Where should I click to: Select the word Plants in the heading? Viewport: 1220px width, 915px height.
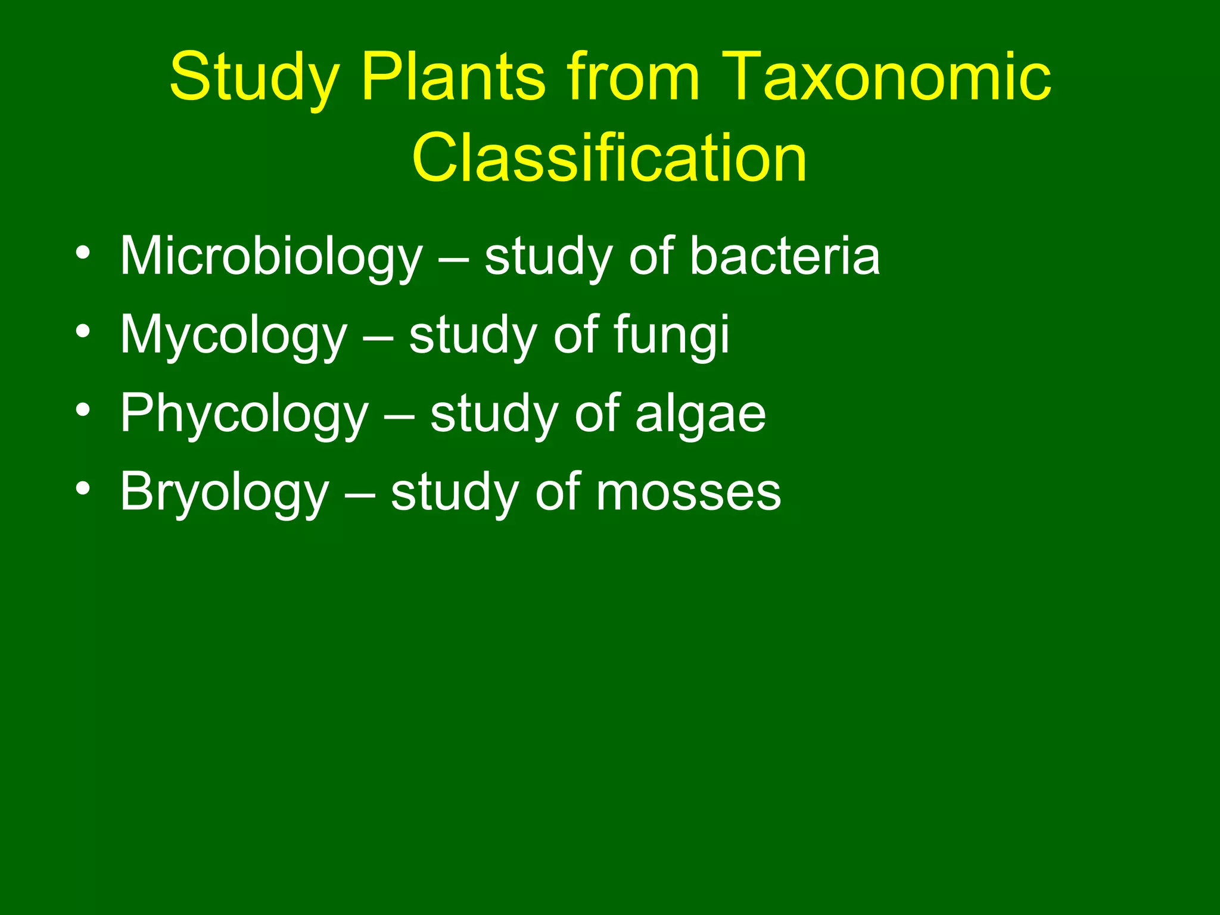[453, 77]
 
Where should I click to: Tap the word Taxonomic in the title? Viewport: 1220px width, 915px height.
[888, 77]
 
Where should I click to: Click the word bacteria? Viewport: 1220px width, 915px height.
[785, 256]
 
